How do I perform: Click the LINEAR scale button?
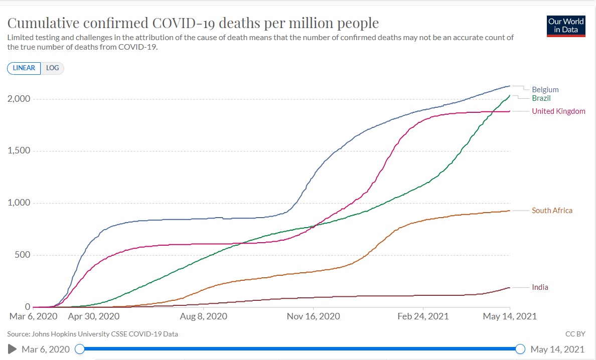point(24,68)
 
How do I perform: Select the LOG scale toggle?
point(52,68)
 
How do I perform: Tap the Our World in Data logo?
point(566,26)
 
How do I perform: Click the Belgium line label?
point(545,90)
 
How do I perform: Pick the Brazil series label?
point(541,98)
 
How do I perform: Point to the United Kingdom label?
point(558,111)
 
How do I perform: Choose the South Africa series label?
point(552,211)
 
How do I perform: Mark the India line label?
point(540,287)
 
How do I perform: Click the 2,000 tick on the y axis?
point(19,99)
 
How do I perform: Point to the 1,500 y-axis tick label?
point(19,151)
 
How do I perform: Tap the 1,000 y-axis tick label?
point(19,203)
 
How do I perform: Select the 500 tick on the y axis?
point(22,255)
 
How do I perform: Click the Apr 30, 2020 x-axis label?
point(93,316)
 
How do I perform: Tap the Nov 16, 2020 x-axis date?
point(314,316)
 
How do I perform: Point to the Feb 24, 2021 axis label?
point(423,316)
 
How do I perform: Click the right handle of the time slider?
point(520,349)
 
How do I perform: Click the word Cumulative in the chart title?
point(43,23)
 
